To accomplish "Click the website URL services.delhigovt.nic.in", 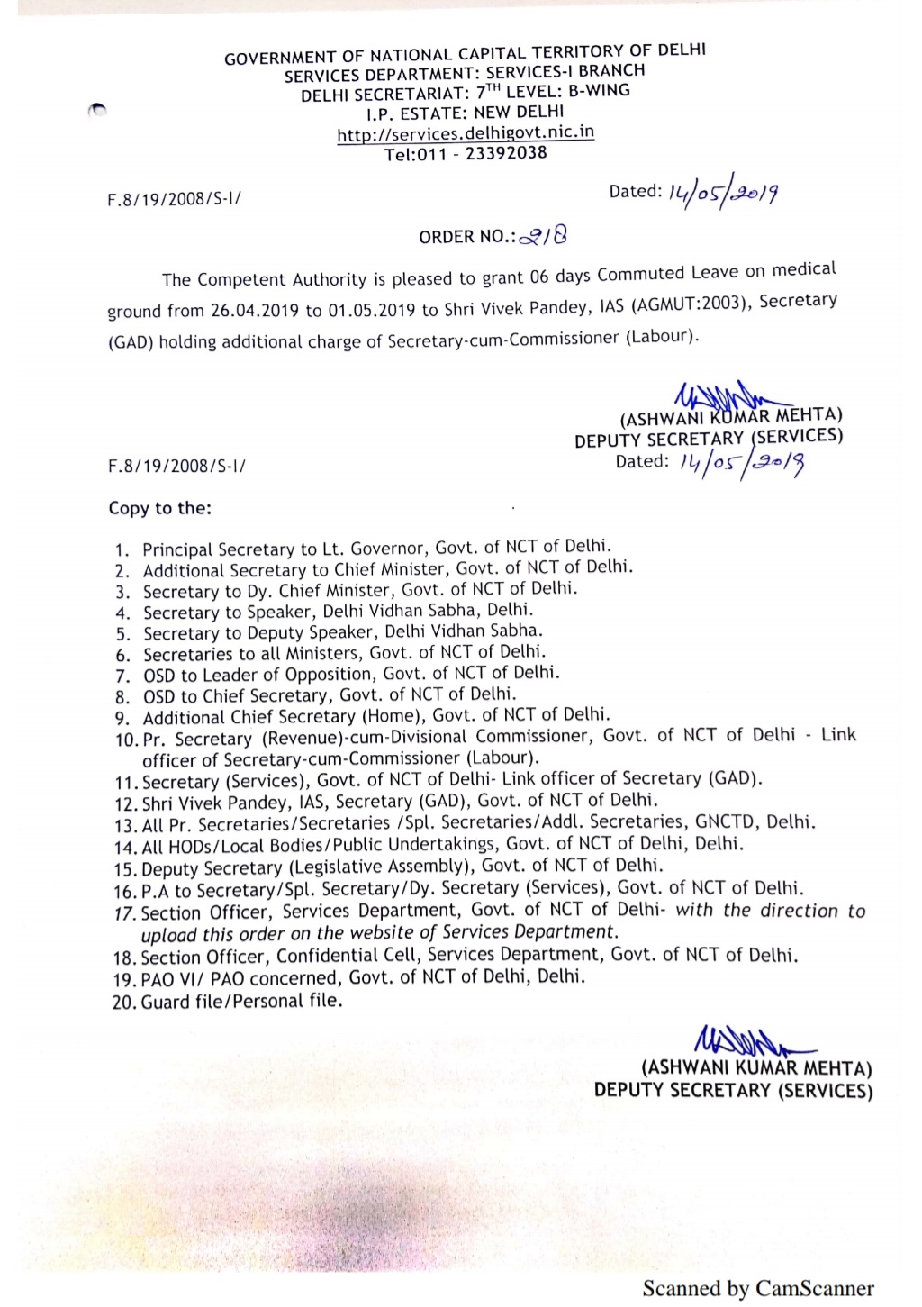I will coord(466,133).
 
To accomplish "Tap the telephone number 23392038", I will coord(506,153).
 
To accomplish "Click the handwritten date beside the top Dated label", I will coord(722,192).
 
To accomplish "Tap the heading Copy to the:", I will coord(160,508).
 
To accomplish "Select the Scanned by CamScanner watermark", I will coord(758,1289).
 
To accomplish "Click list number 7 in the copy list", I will coord(122,676).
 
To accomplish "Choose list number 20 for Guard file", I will coord(123,1003).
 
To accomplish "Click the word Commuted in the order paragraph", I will coord(641,273).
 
